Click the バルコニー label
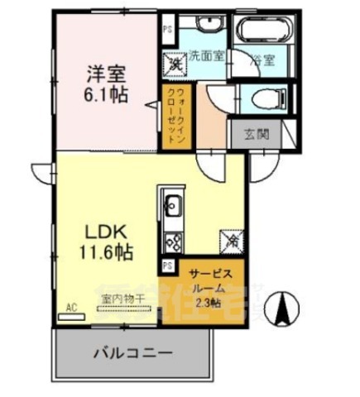[x=133, y=352]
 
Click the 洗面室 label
[x=205, y=57]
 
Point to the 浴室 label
[x=264, y=60]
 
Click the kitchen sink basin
[x=175, y=204]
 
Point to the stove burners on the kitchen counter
[x=175, y=242]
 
